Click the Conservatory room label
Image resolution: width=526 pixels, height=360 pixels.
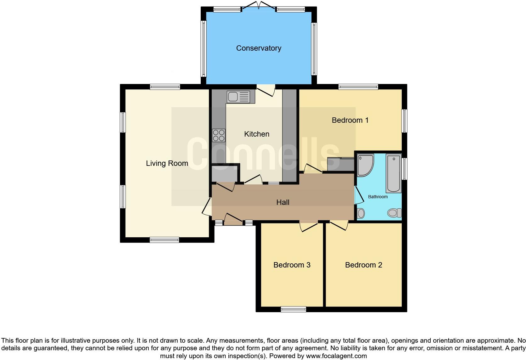click(259, 48)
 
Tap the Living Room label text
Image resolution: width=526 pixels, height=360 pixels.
click(167, 163)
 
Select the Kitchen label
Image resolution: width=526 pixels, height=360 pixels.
click(257, 134)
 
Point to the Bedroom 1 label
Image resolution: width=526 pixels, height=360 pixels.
click(350, 120)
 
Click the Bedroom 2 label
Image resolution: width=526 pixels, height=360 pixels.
click(363, 265)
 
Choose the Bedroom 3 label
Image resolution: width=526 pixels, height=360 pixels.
click(292, 265)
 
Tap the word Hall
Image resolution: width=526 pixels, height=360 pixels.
click(283, 202)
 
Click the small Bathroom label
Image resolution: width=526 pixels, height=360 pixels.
click(378, 197)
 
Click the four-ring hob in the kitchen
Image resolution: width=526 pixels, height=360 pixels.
click(219, 135)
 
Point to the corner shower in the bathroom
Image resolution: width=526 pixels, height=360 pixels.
click(365, 164)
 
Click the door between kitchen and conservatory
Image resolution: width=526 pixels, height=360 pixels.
click(266, 90)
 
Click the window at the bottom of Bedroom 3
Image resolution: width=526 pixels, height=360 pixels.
click(293, 309)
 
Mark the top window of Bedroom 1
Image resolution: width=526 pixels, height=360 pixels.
click(358, 87)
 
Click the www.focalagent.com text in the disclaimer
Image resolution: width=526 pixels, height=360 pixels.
click(336, 356)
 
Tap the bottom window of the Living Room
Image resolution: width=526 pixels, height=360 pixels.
click(164, 240)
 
